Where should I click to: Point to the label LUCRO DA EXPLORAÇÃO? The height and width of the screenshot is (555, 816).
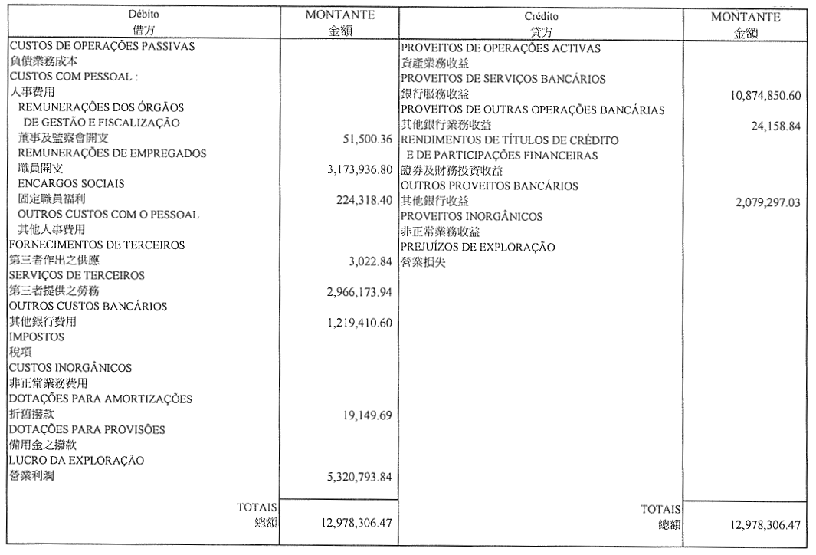(x=77, y=460)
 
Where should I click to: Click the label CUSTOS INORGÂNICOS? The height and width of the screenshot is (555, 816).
(x=70, y=368)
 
